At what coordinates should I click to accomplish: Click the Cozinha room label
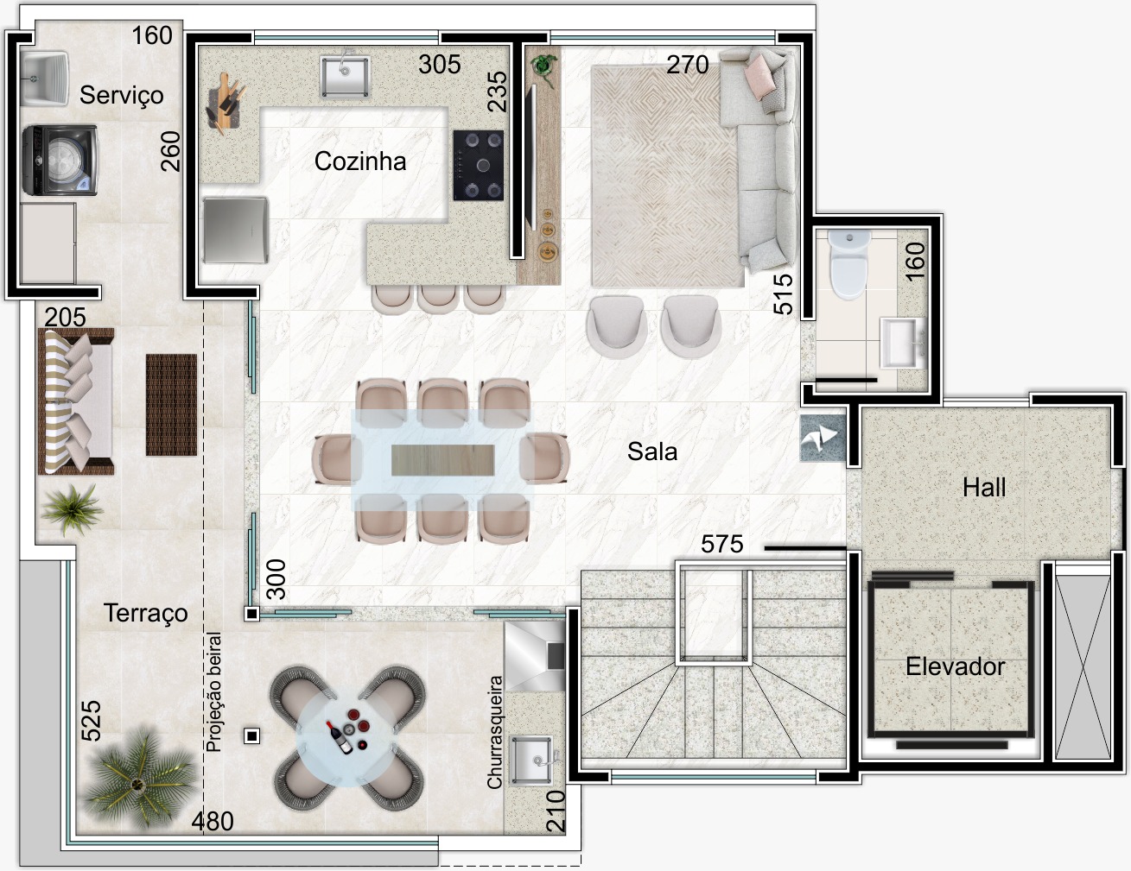click(360, 161)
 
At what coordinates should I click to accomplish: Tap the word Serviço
click(121, 96)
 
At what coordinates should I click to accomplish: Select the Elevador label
click(955, 666)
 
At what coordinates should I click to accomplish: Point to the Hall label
click(984, 487)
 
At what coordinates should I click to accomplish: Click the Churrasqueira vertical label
click(494, 733)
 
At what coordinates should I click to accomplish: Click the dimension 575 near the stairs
click(722, 544)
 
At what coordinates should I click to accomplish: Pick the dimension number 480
click(213, 822)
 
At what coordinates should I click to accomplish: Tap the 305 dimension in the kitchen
click(440, 65)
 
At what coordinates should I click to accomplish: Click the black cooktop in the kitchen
click(479, 166)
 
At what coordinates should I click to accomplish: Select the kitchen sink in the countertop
click(345, 76)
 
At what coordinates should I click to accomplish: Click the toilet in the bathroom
click(848, 265)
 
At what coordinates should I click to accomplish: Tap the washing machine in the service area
click(60, 161)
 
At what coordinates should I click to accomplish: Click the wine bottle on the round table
click(340, 737)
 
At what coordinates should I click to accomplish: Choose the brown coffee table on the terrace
click(171, 405)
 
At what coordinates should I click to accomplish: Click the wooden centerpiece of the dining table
click(442, 460)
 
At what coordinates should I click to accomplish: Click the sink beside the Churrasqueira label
click(532, 760)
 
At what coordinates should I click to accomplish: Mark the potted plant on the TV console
click(543, 67)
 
